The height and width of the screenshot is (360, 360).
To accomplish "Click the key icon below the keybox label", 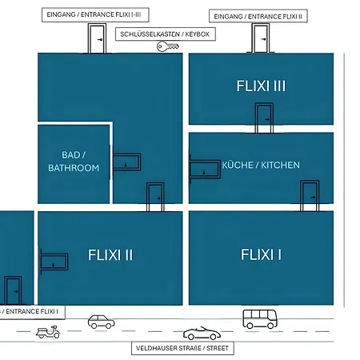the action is tap(168, 46).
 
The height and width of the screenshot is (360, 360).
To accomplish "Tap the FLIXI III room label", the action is tap(261, 86).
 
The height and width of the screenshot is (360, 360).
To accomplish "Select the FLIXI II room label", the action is tap(110, 255).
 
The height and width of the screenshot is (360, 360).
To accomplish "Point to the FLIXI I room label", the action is tap(261, 254).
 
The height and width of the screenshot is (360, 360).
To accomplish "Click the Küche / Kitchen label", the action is tap(261, 165).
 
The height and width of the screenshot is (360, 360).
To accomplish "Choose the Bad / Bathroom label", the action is tap(74, 162).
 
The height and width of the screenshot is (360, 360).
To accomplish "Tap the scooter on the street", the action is tap(48, 332).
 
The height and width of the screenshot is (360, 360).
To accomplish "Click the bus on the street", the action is tap(260, 319).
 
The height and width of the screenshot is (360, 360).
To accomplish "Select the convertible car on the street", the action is tap(202, 334).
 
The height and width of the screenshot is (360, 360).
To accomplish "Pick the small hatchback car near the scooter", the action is tap(102, 322).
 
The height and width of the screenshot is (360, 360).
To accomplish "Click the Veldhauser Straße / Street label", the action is tap(182, 348).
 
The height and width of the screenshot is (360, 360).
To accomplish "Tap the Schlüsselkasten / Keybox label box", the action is tap(166, 34).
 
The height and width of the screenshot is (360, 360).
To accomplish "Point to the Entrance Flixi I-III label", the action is tap(95, 14).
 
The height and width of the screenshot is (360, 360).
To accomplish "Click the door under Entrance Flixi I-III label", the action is tap(97, 38).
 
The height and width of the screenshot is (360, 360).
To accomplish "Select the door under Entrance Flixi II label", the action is tap(261, 38).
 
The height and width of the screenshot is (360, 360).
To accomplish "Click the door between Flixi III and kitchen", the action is tap(264, 118).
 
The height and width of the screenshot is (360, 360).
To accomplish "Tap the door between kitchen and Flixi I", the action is tap(310, 196).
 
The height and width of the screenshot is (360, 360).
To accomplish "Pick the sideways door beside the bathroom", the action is tap(127, 162).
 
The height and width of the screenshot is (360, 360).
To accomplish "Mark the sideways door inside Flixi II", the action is tap(54, 262).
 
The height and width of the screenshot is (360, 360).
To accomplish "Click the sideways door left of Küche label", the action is tap(205, 169).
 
